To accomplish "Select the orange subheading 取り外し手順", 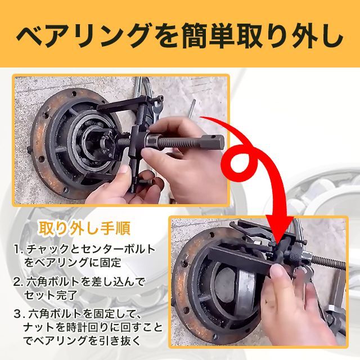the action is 84,228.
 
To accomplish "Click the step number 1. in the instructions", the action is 19,249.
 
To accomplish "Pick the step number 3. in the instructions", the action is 19,314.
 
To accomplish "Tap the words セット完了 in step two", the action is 50,295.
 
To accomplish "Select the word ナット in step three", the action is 38,327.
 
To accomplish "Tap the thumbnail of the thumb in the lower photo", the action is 278,271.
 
